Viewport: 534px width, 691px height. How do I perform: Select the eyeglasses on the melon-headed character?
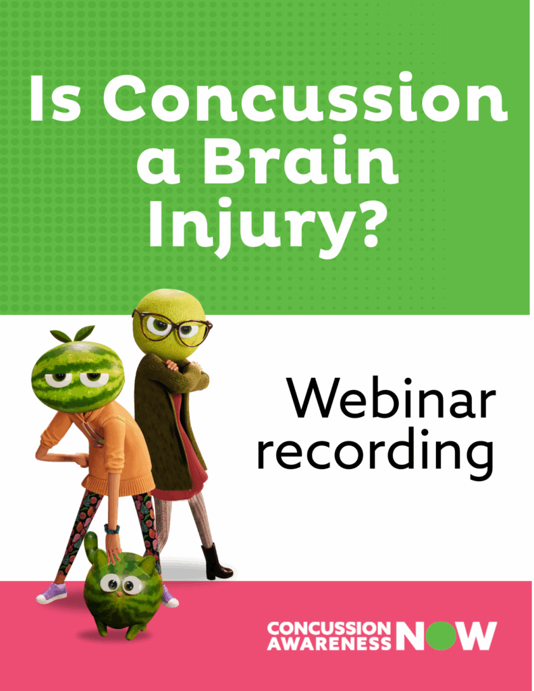tap(174, 328)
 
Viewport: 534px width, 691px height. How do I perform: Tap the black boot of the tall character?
tap(216, 563)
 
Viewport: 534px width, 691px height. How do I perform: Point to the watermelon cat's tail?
tap(90, 543)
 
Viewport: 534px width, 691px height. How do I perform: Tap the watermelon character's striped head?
tap(78, 375)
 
